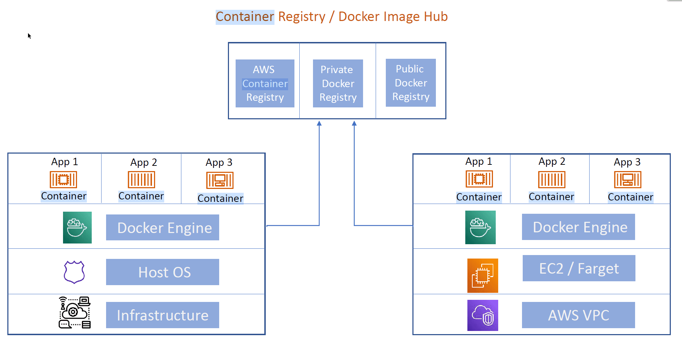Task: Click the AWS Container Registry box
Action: (265, 83)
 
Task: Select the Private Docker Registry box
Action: (338, 83)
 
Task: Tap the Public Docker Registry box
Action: (411, 83)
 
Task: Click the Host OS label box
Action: (162, 272)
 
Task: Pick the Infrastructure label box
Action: (162, 315)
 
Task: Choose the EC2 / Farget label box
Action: (579, 268)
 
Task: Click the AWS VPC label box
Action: (578, 315)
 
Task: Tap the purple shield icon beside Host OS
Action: (74, 272)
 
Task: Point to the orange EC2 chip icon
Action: (482, 276)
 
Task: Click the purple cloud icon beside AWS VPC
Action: (482, 315)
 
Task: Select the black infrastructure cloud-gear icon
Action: (75, 312)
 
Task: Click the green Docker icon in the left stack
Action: (77, 227)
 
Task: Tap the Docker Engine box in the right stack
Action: (578, 227)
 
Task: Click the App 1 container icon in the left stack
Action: (63, 179)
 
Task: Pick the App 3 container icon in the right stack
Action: (627, 179)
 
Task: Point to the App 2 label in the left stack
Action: (144, 162)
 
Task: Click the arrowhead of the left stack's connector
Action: (319, 123)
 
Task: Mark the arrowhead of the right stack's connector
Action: (354, 123)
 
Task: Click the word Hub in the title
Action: (436, 16)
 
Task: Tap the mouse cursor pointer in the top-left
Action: (29, 36)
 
